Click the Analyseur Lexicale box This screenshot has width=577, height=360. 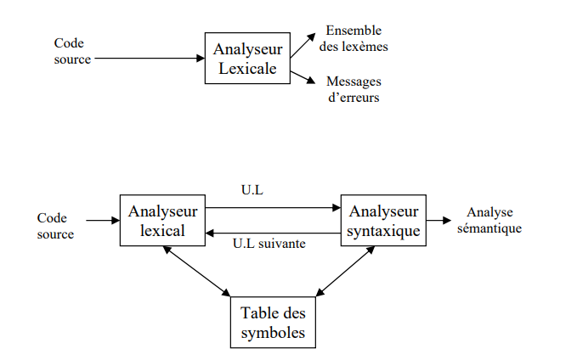coord(247,58)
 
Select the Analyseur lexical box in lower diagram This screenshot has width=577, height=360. coord(164,220)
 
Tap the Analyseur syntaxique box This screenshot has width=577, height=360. coord(382,220)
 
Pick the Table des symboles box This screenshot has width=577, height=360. coord(273,322)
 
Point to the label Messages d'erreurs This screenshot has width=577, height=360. coord(354,89)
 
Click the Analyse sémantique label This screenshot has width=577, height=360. coord(489,220)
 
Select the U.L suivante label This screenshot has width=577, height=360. coord(269,244)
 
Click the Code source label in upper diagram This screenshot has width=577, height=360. coord(72,51)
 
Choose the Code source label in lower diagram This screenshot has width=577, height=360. coord(55,226)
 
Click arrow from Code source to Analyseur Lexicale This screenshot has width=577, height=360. coord(149,59)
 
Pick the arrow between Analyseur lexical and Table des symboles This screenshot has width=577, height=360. coord(198,271)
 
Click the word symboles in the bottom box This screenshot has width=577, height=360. coord(273,332)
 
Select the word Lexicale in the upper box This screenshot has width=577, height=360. coord(247,69)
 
